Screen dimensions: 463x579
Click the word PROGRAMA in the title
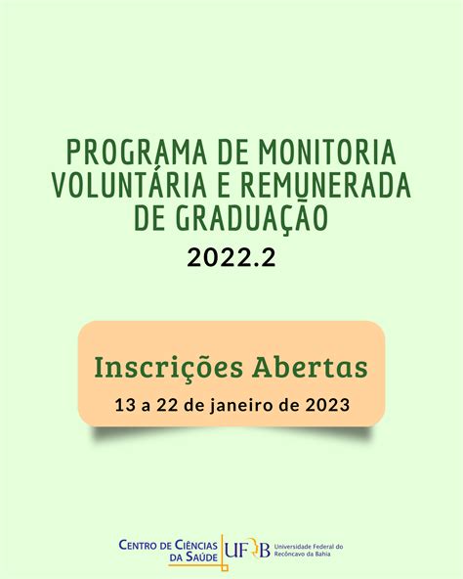tap(137, 153)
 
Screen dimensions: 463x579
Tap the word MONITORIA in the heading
tap(327, 153)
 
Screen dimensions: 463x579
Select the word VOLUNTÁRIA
tap(129, 184)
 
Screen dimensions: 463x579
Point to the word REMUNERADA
tap(326, 184)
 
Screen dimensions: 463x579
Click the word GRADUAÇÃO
tap(252, 217)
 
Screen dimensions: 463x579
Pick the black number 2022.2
tap(231, 257)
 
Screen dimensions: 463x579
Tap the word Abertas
tap(310, 368)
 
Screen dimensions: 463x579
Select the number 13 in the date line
tap(125, 405)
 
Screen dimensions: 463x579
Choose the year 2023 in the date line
tap(327, 405)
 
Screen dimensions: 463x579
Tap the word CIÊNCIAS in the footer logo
tap(195, 545)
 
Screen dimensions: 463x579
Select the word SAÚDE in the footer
tap(200, 557)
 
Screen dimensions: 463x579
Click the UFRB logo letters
tap(247, 551)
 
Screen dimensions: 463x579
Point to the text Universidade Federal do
tap(309, 547)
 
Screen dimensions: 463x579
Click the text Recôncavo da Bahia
tap(303, 554)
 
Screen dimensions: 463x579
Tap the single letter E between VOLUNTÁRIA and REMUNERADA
tap(225, 184)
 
